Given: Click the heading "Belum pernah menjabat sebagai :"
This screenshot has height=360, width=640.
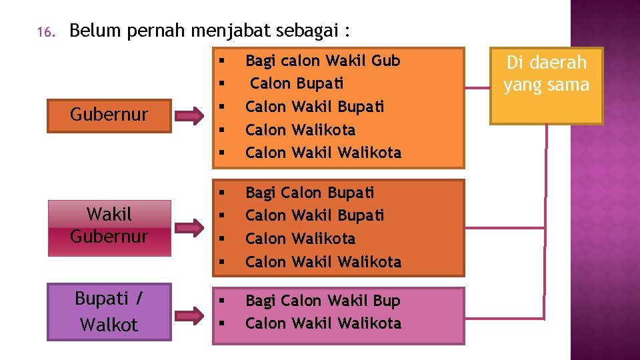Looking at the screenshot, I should pyautogui.click(x=209, y=31).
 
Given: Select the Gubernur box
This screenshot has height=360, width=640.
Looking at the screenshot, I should pyautogui.click(x=109, y=115).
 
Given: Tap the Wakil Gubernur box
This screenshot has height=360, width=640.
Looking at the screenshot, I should pyautogui.click(x=109, y=226).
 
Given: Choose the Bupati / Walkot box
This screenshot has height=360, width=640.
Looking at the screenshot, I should pyautogui.click(x=109, y=312).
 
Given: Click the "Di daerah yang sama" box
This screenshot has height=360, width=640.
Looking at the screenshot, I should pyautogui.click(x=546, y=85).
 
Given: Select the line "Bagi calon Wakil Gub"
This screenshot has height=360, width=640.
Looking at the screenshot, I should pyautogui.click(x=323, y=61).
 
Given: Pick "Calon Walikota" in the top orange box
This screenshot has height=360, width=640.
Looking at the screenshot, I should pyautogui.click(x=300, y=129).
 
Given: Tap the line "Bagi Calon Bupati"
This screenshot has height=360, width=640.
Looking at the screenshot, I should pyautogui.click(x=309, y=193).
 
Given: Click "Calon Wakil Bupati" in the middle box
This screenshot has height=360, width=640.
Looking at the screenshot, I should pyautogui.click(x=315, y=215).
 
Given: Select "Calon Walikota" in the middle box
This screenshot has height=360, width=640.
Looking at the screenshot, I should pyautogui.click(x=300, y=239).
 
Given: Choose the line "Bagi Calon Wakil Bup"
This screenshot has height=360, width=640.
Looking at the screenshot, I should pyautogui.click(x=323, y=301).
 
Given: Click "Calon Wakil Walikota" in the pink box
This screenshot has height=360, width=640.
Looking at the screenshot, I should pyautogui.click(x=323, y=323).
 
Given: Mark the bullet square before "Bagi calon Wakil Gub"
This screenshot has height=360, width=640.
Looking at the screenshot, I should pyautogui.click(x=221, y=61).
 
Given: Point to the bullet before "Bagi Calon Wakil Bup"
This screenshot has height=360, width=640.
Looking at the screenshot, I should pyautogui.click(x=221, y=301).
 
